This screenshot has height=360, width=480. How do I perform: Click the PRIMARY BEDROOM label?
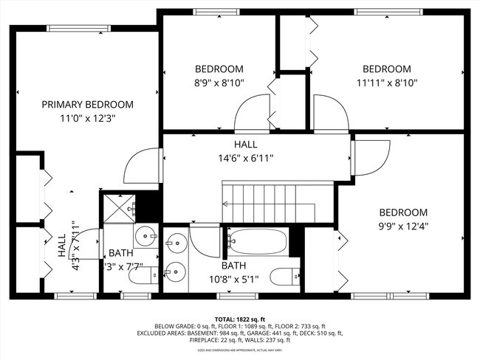click(x=87, y=104)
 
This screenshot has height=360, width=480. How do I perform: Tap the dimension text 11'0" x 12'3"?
click(x=88, y=117)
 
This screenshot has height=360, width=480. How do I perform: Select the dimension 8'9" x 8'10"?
click(x=219, y=83)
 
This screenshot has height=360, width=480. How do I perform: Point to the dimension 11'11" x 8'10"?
click(x=386, y=83)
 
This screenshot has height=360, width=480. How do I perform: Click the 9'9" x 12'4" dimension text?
click(x=403, y=225)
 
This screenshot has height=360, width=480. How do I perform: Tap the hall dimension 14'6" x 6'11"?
click(x=246, y=158)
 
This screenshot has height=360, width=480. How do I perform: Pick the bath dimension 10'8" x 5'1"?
click(x=234, y=279)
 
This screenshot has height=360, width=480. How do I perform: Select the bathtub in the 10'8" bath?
click(x=256, y=239)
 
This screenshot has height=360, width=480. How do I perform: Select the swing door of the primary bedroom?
click(x=143, y=164)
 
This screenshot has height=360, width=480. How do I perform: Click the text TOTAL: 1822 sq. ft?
click(x=239, y=318)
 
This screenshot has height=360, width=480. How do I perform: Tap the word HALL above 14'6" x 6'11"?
click(x=246, y=145)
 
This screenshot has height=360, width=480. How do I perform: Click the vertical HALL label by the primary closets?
click(x=62, y=246)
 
